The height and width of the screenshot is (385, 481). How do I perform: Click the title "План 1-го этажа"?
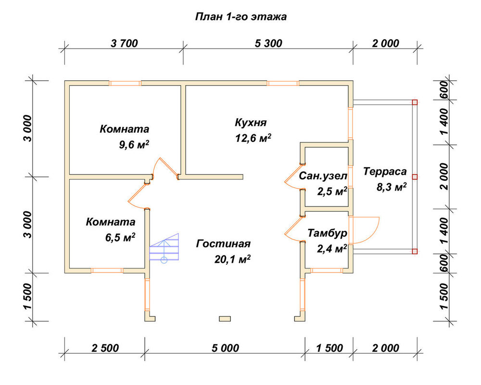point(241,16)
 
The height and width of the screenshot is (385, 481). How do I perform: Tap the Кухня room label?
point(251,123)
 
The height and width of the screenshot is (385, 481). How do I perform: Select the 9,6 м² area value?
point(134,144)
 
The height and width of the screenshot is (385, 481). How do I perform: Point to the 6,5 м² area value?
point(120,237)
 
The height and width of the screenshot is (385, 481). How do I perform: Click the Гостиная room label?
point(223,244)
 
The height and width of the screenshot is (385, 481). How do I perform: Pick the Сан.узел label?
point(323,176)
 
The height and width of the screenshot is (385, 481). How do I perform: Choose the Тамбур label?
point(327,233)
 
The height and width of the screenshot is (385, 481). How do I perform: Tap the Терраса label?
point(385,171)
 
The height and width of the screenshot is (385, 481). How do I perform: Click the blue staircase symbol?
point(164,248)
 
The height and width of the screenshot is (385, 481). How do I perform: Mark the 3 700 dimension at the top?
point(124,44)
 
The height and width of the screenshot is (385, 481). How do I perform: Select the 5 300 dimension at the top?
point(268,44)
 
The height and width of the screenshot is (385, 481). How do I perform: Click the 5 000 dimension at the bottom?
point(225,348)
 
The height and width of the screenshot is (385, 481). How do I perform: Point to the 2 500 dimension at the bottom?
point(105,348)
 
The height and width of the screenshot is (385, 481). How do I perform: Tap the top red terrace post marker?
point(415,102)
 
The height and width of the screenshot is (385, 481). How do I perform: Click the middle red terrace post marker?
point(415,177)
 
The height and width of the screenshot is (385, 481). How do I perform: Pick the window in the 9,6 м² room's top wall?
point(125,83)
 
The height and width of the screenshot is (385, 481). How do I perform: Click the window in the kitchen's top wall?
point(283,83)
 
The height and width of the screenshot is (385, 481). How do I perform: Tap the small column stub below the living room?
point(225,319)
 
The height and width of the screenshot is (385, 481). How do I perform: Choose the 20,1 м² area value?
point(232,260)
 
